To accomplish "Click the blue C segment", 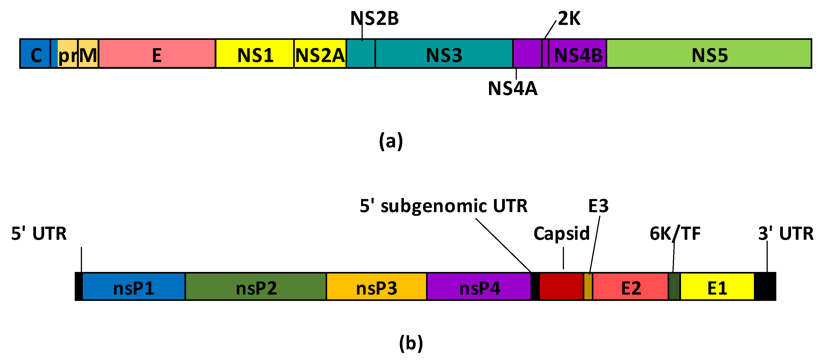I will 35,53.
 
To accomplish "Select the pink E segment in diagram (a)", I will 157,53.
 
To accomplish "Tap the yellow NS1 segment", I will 255,53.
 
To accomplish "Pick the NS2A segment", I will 320,53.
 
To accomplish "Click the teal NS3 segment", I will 444,53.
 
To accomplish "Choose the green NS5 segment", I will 709,53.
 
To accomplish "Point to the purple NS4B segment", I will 578,53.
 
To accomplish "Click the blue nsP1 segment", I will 134,286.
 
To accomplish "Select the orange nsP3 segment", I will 376,286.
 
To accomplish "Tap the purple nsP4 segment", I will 479,286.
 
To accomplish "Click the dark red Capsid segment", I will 561,286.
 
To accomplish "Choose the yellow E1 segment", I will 717,286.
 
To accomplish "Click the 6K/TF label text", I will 675,233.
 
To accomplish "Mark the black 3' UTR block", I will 765,286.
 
